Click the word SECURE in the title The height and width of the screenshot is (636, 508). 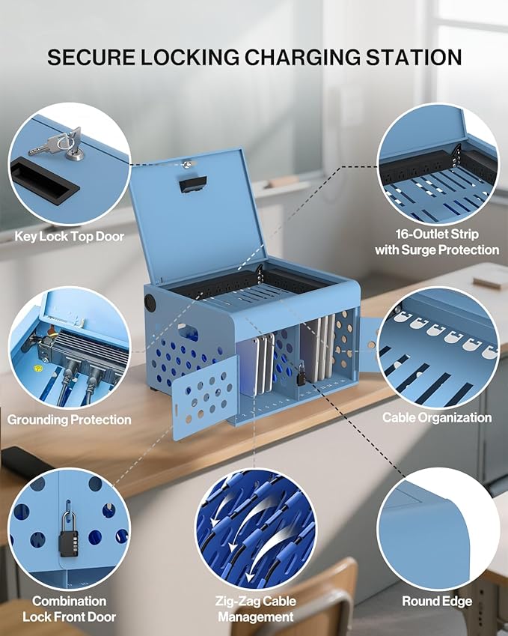(91, 57)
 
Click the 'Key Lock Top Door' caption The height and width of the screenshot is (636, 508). (70, 237)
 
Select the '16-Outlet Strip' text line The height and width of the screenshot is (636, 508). (437, 234)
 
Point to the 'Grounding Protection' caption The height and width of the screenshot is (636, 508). (70, 420)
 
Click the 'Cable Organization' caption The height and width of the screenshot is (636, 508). (437, 417)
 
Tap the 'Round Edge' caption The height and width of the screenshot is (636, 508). (437, 601)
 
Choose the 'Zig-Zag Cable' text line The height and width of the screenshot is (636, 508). (256, 601)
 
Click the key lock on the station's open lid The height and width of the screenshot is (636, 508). (187, 164)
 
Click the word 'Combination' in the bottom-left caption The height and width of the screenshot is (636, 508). (70, 601)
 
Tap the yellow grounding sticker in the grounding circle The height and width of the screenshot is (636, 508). (37, 370)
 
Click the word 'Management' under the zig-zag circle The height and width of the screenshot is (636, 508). (256, 617)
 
